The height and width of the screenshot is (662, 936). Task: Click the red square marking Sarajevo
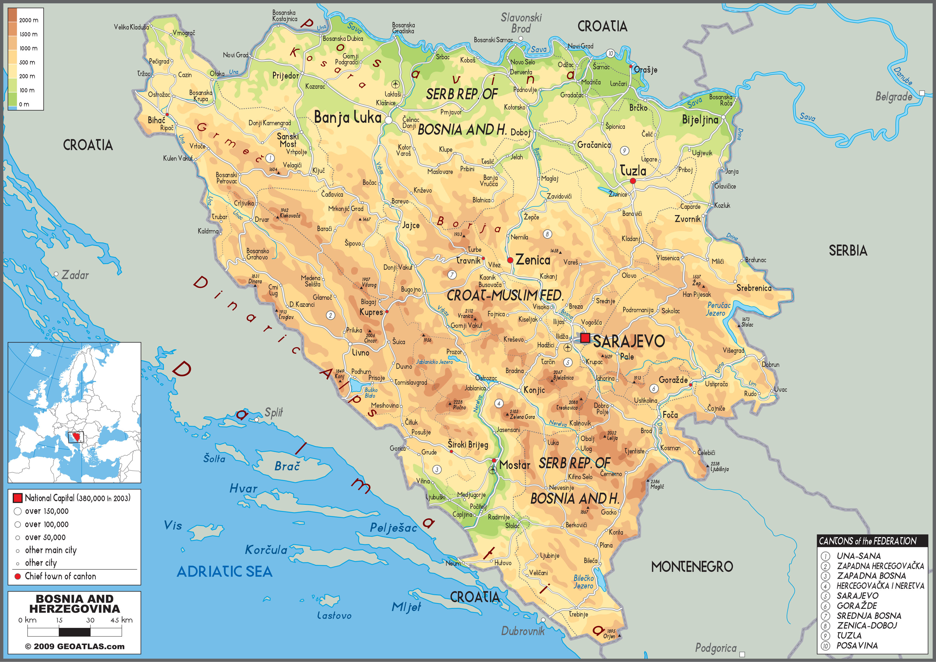585,338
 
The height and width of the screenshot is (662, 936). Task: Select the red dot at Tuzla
632,181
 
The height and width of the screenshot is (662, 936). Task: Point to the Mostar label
515,465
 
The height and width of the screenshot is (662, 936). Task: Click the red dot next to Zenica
510,260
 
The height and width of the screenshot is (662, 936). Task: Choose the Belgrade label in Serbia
893,97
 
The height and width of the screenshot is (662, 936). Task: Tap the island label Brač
287,466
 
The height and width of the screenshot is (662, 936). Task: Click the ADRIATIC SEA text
225,571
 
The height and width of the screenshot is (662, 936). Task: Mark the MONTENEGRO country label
692,566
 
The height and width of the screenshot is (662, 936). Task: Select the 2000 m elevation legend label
28,20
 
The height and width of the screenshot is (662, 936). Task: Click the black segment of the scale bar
75,632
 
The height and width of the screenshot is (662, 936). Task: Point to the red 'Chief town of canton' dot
18,576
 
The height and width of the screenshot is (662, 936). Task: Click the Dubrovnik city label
523,631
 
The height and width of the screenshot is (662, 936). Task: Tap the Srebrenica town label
754,288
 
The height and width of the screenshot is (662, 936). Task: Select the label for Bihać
156,120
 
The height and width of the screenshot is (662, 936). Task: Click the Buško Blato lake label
371,393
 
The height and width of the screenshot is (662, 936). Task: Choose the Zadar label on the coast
75,275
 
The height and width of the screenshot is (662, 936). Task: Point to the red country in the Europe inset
76,437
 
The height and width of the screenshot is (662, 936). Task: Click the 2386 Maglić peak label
657,484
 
